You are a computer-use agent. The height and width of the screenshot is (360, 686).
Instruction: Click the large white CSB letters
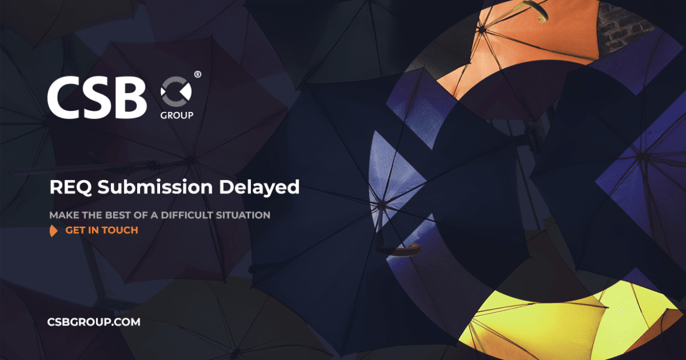point(97,97)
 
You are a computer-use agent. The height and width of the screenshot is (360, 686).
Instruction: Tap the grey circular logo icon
point(176,91)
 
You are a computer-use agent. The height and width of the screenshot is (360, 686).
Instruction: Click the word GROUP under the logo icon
point(176,116)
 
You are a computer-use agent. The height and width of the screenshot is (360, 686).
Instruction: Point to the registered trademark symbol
point(198,74)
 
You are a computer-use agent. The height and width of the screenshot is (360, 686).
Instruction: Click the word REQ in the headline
point(70,187)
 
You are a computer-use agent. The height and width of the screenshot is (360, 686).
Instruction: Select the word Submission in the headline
point(155,187)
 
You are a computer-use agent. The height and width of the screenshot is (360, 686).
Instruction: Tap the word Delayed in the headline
point(259,188)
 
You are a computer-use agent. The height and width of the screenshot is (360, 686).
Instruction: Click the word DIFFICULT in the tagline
point(187,215)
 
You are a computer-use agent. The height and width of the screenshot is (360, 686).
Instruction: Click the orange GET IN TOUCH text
point(101,230)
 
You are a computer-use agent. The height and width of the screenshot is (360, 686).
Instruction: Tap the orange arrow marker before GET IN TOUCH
point(53,230)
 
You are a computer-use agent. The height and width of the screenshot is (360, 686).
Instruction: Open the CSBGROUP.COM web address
point(94,322)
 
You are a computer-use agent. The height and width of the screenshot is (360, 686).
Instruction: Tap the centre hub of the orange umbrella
point(482,30)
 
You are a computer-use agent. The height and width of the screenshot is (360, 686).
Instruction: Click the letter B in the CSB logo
point(129,97)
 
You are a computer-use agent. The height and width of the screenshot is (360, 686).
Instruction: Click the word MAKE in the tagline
point(61,215)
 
